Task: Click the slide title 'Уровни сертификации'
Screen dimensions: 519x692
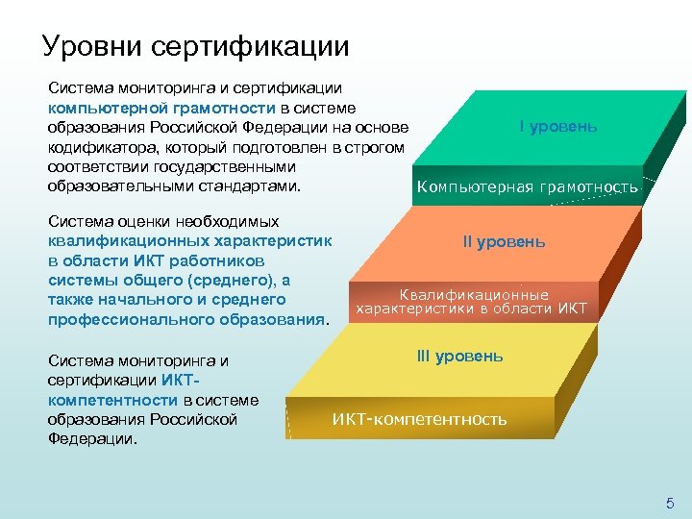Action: click(x=195, y=45)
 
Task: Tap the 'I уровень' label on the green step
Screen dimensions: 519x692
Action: click(x=557, y=127)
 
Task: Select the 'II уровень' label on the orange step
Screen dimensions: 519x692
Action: click(x=504, y=242)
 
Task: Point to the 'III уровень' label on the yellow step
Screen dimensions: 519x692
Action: click(x=458, y=356)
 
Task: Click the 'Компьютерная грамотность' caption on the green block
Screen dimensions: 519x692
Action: click(x=527, y=186)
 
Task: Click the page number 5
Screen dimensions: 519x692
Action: click(x=670, y=504)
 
